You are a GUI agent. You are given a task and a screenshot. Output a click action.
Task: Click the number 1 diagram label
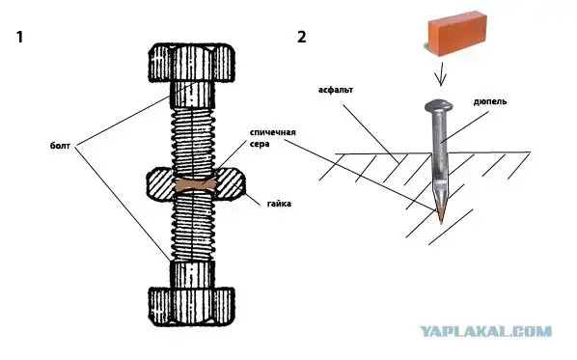point(20,38)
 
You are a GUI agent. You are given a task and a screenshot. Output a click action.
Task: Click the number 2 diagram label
point(302,38)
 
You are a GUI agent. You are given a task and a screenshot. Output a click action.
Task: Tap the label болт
point(60,146)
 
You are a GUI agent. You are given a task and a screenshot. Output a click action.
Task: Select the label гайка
point(279,204)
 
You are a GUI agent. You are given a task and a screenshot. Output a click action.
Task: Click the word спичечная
point(273,132)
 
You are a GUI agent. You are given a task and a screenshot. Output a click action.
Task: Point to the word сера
point(260,144)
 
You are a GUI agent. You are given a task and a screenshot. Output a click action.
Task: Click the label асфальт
point(336,90)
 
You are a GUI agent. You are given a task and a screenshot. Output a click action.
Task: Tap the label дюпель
point(490,101)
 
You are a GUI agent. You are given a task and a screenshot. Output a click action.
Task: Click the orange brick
point(457,34)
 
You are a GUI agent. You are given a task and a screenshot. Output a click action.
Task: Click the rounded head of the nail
point(439,105)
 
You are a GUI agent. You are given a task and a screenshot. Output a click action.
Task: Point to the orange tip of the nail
point(441,215)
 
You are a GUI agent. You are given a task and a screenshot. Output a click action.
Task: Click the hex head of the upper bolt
point(191,63)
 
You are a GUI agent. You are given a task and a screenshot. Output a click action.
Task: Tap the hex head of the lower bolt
point(191,306)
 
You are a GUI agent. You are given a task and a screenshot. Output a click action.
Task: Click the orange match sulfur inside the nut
point(194,184)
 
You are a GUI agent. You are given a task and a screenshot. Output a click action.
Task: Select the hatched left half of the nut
point(161,184)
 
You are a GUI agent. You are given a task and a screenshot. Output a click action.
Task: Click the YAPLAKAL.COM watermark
point(485,331)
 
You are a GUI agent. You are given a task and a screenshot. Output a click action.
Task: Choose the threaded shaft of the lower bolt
point(192,227)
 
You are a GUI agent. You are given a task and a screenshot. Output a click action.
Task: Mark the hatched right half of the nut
point(230,184)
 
